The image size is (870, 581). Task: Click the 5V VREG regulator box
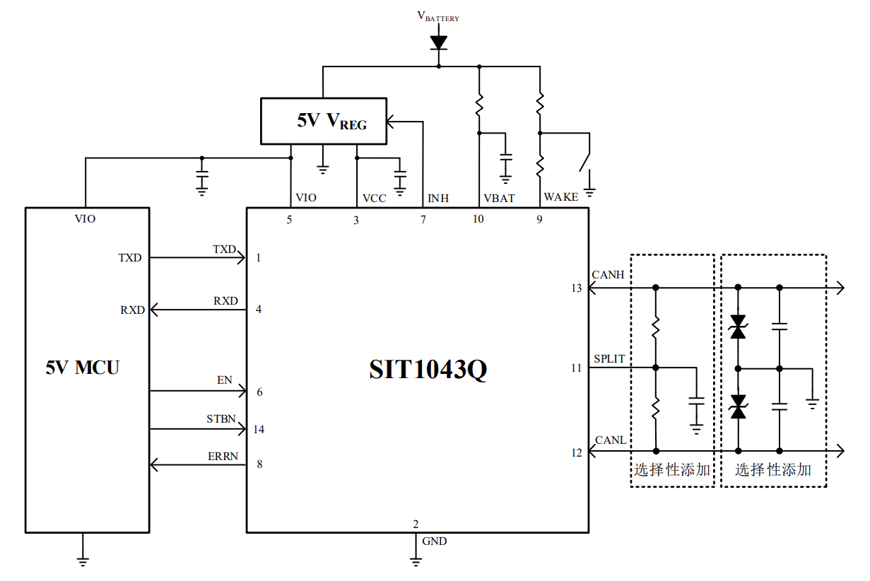[x=324, y=121]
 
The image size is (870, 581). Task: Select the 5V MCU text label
[x=83, y=368]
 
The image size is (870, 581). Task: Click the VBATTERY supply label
[x=438, y=16]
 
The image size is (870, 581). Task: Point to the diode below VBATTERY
[x=439, y=42]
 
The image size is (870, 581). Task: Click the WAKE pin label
[x=560, y=197]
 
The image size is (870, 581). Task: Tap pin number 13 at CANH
[x=577, y=288]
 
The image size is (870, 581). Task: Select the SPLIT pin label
[x=609, y=359]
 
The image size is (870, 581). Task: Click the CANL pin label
[x=611, y=440]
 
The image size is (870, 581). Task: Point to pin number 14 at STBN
[x=258, y=430]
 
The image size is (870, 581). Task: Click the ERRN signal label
[x=223, y=457]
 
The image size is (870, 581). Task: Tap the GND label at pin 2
[x=434, y=541]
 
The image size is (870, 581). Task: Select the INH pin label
[x=438, y=199]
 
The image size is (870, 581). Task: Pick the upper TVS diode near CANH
[x=739, y=327]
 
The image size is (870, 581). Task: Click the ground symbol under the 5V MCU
[x=83, y=561]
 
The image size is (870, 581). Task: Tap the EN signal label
[x=224, y=380]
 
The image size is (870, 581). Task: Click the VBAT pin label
[x=499, y=199]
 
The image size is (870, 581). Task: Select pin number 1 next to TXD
[x=259, y=258]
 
